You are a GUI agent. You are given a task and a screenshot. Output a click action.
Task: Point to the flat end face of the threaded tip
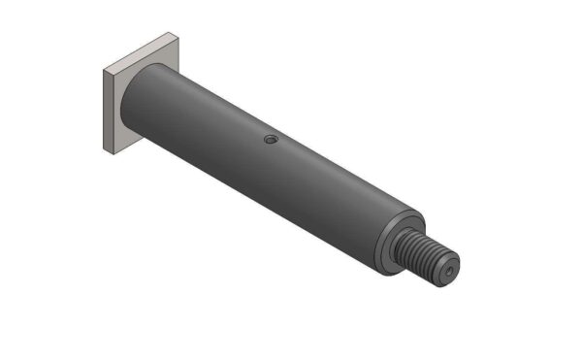pyautogui.click(x=447, y=271)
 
